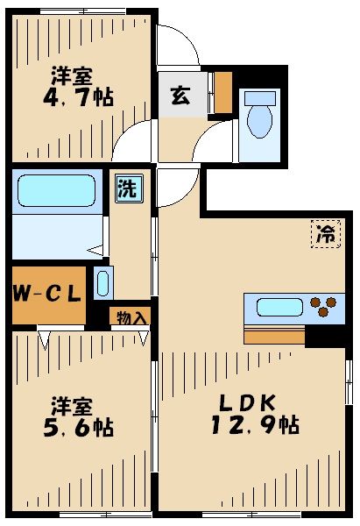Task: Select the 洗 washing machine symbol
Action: click(x=127, y=188)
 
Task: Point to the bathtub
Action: click(x=56, y=189)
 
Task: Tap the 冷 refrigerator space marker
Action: click(x=326, y=234)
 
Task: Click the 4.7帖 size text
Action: click(x=81, y=97)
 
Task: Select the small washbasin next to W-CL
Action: click(x=102, y=284)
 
